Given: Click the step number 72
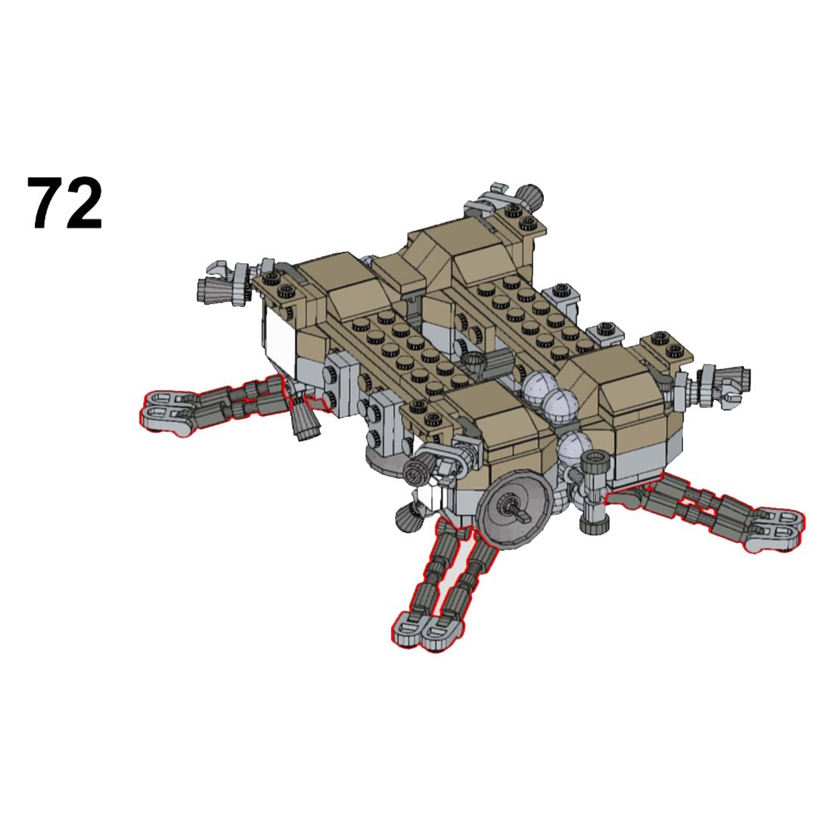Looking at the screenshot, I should click(x=65, y=203).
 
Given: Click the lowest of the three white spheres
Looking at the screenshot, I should click(x=574, y=449).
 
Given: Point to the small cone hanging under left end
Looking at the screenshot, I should click(x=304, y=420).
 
